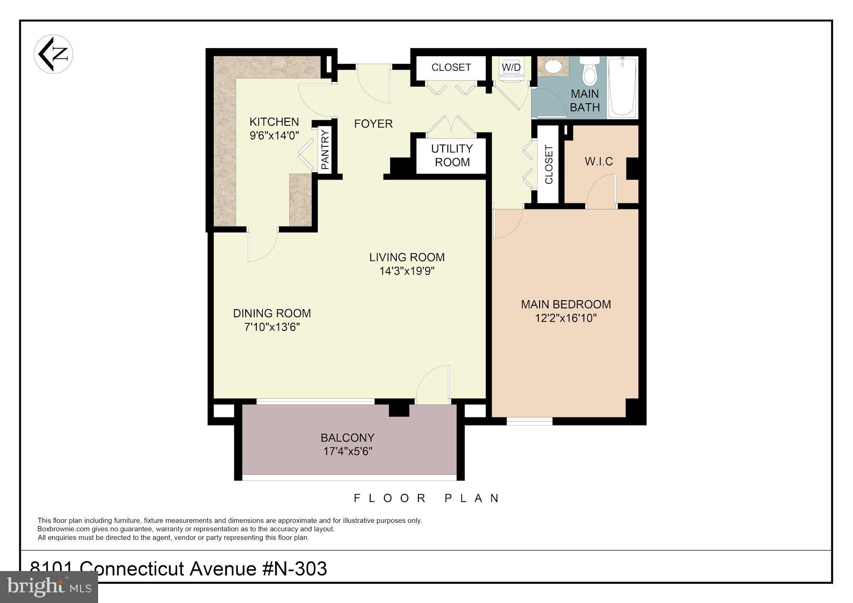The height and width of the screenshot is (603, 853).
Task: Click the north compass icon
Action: pyautogui.click(x=53, y=54)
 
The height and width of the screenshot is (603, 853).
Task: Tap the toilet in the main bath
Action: pyautogui.click(x=589, y=74)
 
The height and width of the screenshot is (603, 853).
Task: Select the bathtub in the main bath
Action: pyautogui.click(x=622, y=87)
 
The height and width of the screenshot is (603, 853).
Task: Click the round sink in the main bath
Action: pyautogui.click(x=554, y=67)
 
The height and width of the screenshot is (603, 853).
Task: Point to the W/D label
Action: pyautogui.click(x=511, y=67)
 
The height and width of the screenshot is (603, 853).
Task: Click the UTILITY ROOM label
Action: pyautogui.click(x=452, y=155)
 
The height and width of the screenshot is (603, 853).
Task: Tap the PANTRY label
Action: pyautogui.click(x=325, y=150)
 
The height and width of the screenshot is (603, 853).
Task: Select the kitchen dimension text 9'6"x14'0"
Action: pyautogui.click(x=274, y=136)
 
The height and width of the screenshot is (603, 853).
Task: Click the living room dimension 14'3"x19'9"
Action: pyautogui.click(x=407, y=271)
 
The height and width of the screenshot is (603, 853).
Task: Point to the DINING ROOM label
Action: pyautogui.click(x=272, y=313)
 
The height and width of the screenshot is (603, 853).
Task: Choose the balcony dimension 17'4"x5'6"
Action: pyautogui.click(x=348, y=451)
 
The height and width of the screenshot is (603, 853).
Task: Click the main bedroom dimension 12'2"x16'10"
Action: pyautogui.click(x=566, y=318)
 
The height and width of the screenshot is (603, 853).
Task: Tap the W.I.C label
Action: pyautogui.click(x=599, y=162)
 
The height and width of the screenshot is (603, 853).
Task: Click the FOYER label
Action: pyautogui.click(x=373, y=124)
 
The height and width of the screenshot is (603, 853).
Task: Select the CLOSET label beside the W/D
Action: pyautogui.click(x=451, y=67)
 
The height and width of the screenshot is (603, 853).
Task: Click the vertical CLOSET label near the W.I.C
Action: pyautogui.click(x=548, y=164)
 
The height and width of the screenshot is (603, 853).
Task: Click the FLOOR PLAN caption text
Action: pyautogui.click(x=426, y=498)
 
